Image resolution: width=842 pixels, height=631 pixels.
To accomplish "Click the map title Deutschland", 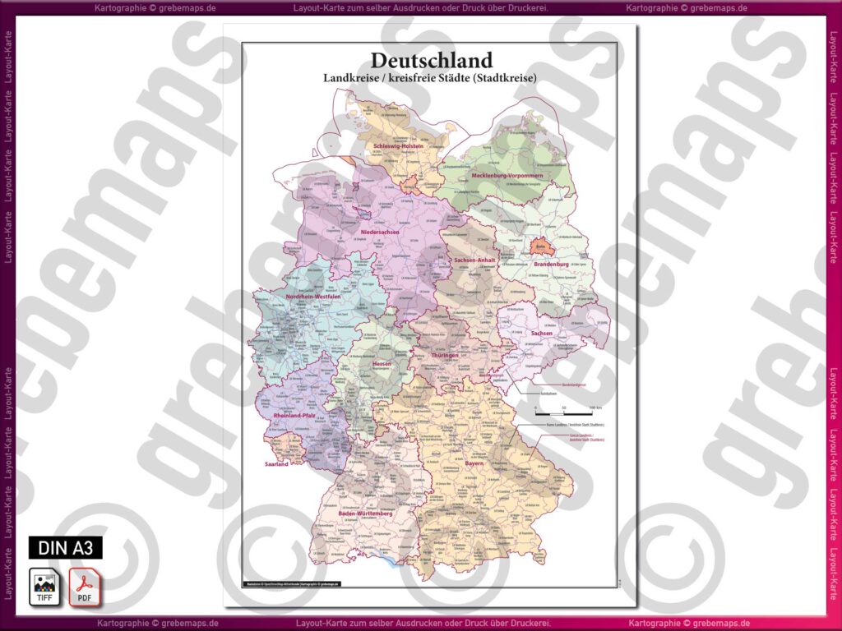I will [x=431, y=60].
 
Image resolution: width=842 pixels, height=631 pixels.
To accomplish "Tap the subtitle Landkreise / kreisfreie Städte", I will [x=431, y=78].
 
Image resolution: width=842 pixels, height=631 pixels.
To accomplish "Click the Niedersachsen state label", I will [x=379, y=233].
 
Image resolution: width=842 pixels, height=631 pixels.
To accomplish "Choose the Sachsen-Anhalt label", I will [x=474, y=260].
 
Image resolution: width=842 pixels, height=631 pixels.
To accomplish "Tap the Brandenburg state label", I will [x=551, y=265].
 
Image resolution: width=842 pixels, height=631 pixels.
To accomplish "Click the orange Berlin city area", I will [x=540, y=245].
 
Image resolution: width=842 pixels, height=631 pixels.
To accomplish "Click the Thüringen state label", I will [x=444, y=355].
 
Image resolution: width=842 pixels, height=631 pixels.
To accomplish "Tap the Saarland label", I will [x=276, y=464].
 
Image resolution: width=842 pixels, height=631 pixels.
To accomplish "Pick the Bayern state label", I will [x=474, y=463].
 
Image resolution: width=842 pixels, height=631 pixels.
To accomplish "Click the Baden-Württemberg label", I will [x=368, y=513].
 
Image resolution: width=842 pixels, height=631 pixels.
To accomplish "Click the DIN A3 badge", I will [x=66, y=547].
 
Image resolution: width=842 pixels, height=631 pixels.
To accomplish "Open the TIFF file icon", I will [x=44, y=587].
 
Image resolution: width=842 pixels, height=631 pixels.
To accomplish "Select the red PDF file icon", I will [x=84, y=587].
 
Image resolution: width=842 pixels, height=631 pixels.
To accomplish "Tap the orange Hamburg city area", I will [x=409, y=181].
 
